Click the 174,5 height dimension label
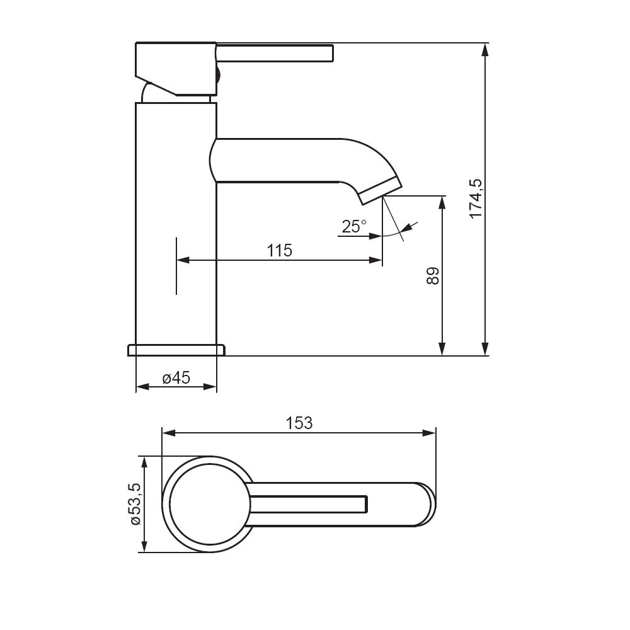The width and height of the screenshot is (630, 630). click(476, 198)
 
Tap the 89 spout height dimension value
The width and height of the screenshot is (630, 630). click(433, 276)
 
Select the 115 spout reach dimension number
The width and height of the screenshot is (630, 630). click(280, 251)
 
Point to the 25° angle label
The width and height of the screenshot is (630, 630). click(354, 227)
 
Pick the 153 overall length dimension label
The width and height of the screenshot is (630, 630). click(299, 423)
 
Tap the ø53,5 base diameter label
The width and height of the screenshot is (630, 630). click(135, 504)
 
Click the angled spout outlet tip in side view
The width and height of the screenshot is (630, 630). click(380, 191)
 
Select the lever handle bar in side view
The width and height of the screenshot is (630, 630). click(275, 54)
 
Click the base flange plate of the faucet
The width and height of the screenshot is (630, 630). click(176, 350)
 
